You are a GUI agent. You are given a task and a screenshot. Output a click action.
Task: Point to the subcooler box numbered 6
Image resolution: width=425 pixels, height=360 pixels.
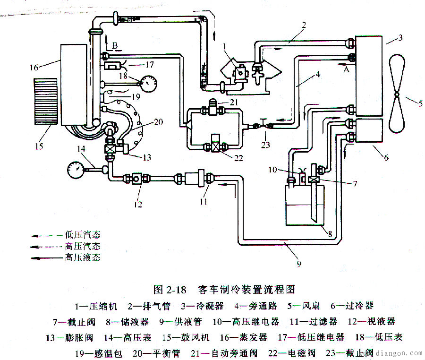(x=369, y=130)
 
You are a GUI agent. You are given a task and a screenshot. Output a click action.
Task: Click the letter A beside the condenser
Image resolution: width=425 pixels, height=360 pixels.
(x=346, y=69)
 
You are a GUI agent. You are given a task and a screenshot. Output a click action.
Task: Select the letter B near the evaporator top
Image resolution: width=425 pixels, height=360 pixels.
(x=114, y=45)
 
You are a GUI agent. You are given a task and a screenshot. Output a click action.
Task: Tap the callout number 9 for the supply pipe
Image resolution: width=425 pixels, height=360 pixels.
(x=298, y=264)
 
